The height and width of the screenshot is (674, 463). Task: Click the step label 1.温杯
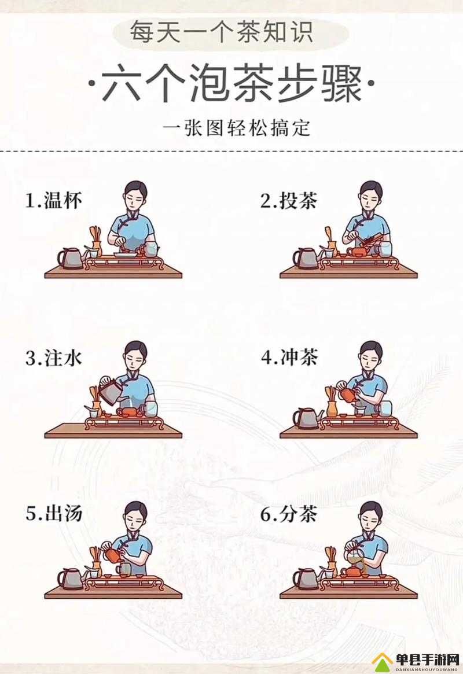(x=54, y=202)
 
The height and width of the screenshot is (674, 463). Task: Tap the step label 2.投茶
(x=289, y=202)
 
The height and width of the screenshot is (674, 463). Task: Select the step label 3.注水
(x=54, y=358)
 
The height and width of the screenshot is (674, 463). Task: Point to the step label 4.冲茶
(x=289, y=358)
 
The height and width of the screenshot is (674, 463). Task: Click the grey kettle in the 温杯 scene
(x=71, y=259)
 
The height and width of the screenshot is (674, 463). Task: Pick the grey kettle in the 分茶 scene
(x=306, y=579)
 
